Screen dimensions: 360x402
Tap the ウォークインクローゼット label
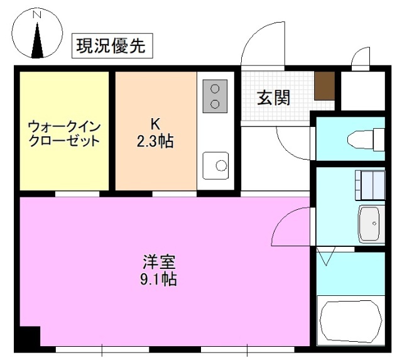[x=64, y=133]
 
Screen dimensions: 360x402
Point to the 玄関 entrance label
[x=274, y=97]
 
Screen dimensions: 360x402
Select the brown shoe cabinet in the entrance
[x=323, y=86]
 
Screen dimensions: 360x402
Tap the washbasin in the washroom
[x=371, y=222]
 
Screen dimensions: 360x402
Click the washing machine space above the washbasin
[x=370, y=185]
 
